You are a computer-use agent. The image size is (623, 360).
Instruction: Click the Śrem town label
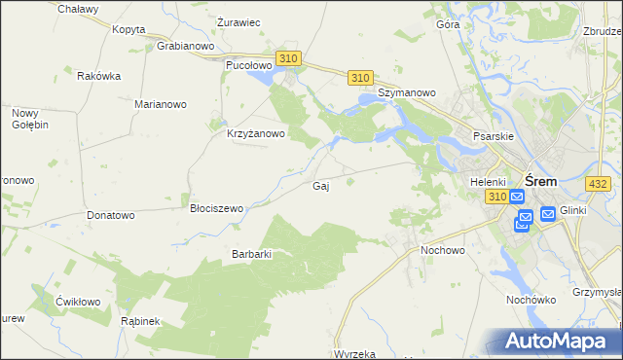[540, 181]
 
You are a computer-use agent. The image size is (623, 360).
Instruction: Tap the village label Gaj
[319, 186]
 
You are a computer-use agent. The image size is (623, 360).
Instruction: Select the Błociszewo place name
[216, 208]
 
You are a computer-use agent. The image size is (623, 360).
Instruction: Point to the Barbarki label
[250, 254]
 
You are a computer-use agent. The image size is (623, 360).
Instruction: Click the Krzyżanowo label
[255, 134]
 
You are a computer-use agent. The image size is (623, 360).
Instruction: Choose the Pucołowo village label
[247, 65]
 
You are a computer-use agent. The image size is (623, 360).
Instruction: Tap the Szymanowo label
[406, 92]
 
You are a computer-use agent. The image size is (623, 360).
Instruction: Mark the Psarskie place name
[492, 137]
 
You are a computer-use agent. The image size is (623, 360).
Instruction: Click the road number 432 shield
[599, 183]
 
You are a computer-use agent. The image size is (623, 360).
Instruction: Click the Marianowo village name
[161, 103]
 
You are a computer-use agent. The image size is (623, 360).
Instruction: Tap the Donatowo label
[110, 214]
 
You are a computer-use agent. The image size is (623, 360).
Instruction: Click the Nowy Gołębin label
[29, 119]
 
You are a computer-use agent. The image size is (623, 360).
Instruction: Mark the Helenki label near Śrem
[488, 182]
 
